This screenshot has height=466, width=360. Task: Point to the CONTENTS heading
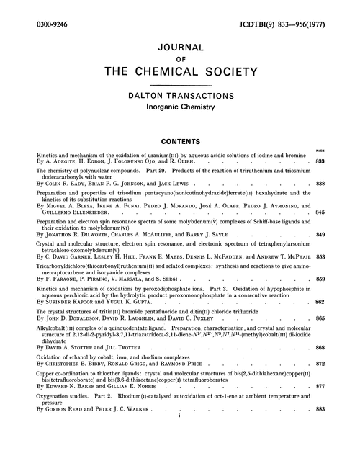click(x=180, y=143)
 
